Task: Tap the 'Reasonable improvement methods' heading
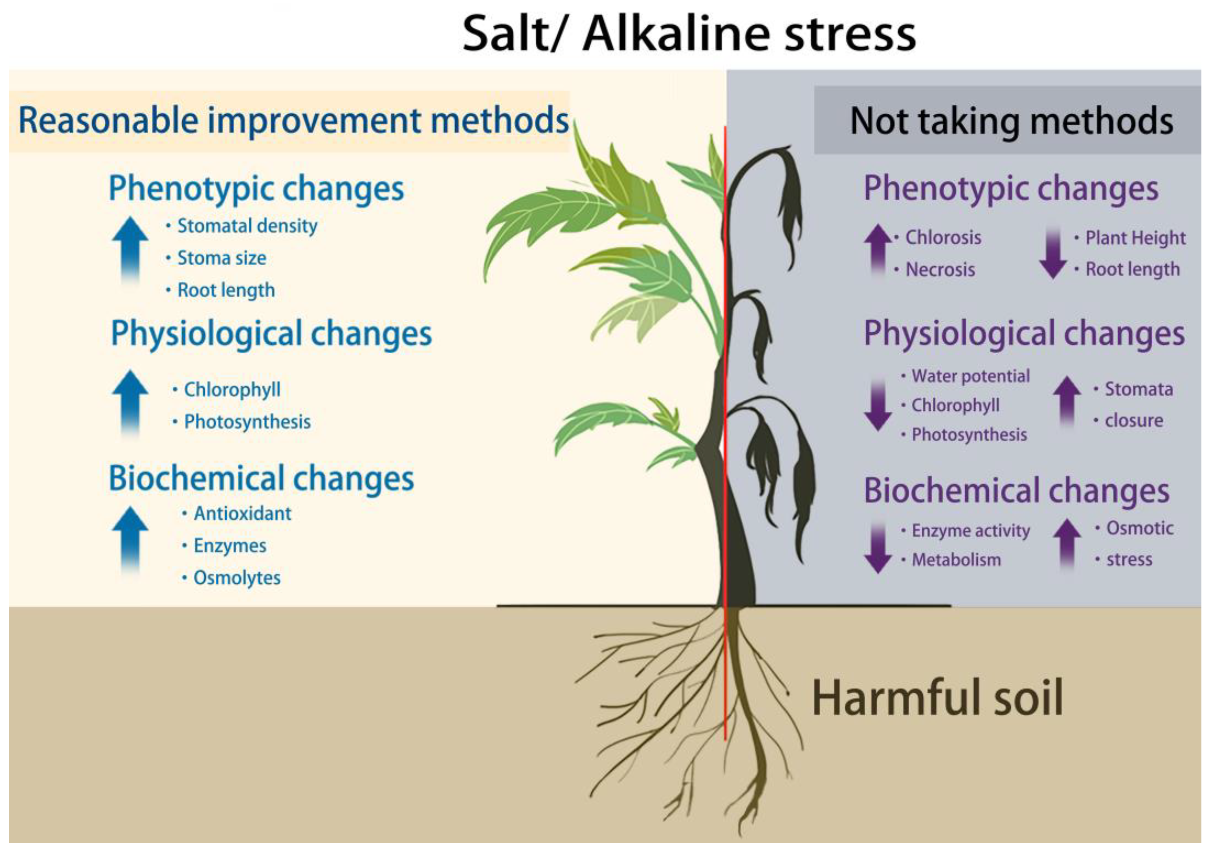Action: pyautogui.click(x=293, y=121)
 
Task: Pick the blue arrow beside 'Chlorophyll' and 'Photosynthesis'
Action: pyautogui.click(x=130, y=403)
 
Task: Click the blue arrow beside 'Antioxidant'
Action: pyautogui.click(x=130, y=539)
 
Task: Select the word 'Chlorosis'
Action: pyautogui.click(x=943, y=237)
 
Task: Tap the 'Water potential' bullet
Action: pyautogui.click(x=970, y=376)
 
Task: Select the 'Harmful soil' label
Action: pyautogui.click(x=937, y=698)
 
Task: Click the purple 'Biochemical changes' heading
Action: pyautogui.click(x=1016, y=491)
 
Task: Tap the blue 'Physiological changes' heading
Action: pyautogui.click(x=271, y=334)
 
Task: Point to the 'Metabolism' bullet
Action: pyautogui.click(x=955, y=560)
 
